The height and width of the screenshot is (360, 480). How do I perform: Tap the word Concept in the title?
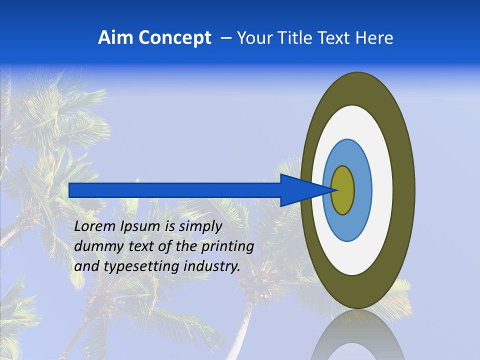(x=174, y=38)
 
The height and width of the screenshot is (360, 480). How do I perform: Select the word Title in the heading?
(x=296, y=38)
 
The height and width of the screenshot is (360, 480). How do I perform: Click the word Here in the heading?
(x=374, y=38)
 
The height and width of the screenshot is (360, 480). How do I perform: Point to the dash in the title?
(x=225, y=38)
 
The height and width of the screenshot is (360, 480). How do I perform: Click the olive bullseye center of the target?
(x=343, y=190)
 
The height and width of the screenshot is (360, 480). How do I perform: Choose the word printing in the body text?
(x=229, y=247)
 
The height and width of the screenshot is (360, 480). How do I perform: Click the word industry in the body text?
(x=212, y=267)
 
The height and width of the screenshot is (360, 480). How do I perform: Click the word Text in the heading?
(x=336, y=38)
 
